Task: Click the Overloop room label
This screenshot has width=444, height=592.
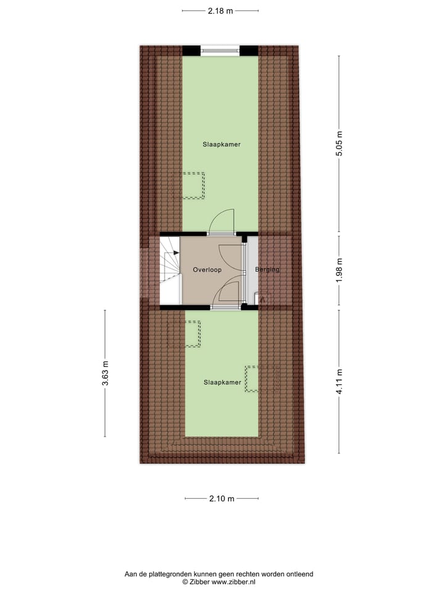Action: [207, 270]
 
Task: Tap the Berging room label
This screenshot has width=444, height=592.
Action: [267, 270]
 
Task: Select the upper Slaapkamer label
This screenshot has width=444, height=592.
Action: [221, 144]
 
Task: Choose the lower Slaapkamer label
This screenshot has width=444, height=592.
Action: [222, 382]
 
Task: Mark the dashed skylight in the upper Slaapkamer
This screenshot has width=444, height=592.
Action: [193, 185]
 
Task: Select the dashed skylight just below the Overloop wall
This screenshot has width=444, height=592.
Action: [192, 334]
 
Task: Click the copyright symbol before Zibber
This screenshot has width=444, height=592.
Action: [184, 582]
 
